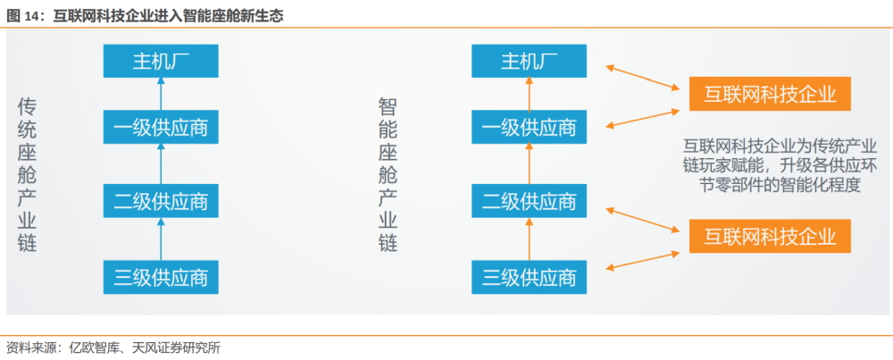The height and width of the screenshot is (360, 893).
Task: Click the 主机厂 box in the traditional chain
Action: tap(161, 61)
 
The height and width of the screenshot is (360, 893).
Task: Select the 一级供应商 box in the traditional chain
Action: tap(161, 127)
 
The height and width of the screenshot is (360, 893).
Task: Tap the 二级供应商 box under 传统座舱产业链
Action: tap(161, 200)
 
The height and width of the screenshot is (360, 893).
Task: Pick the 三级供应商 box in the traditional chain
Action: tap(161, 278)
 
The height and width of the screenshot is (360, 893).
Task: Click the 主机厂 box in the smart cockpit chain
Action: tap(529, 61)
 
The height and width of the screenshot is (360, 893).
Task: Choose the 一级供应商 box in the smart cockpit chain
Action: tap(529, 127)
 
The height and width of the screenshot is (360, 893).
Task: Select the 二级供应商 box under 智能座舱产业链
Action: tap(529, 200)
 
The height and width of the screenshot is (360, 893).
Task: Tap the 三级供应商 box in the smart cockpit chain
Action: tap(529, 278)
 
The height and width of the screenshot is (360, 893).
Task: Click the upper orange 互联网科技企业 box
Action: tap(770, 94)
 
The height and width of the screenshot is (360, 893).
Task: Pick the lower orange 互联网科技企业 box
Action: tap(770, 236)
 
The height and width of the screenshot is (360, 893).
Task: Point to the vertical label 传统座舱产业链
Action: tap(28, 174)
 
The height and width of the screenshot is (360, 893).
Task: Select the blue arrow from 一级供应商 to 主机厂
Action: tap(161, 94)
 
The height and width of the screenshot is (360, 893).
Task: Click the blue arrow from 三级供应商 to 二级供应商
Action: tap(161, 239)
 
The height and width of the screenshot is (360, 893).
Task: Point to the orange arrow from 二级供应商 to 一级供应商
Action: tap(529, 164)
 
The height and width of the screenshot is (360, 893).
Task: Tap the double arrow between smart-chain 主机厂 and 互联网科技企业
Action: tap(644, 78)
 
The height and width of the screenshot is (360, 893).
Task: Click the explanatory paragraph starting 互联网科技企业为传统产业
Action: tap(780, 164)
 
